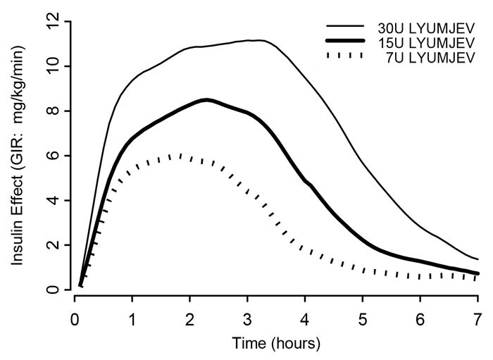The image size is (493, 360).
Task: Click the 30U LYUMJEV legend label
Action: tap(430, 27)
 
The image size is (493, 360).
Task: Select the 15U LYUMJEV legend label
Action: tap(430, 42)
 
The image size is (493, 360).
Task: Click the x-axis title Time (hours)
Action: tap(277, 345)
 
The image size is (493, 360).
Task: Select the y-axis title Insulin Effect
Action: tap(17, 151)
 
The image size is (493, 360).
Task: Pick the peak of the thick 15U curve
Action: tap(206, 100)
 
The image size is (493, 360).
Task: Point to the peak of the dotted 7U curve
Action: tap(180, 155)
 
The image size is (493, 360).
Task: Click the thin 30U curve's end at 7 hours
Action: tap(478, 259)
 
